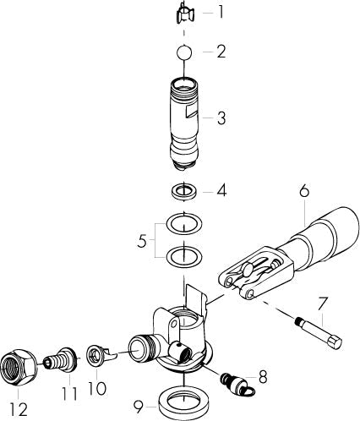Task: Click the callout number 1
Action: click(221, 13)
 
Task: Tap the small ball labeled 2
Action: click(184, 52)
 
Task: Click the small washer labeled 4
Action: click(184, 191)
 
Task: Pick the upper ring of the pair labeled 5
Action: click(184, 224)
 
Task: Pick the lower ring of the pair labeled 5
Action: click(184, 254)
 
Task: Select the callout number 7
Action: click(322, 302)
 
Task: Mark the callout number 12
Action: click(19, 409)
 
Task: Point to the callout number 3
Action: click(221, 118)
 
